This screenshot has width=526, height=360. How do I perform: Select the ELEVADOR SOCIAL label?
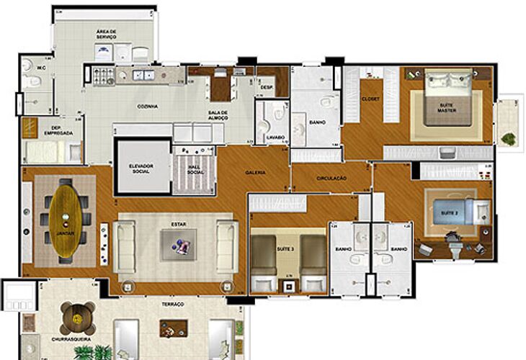[143, 168]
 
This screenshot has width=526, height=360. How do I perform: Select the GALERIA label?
[255, 173]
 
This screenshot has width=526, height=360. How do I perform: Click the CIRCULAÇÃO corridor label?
[331, 178]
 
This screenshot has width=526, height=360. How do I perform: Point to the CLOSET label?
[370, 98]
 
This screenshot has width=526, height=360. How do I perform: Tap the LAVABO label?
[274, 136]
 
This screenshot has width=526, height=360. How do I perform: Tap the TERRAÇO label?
[173, 305]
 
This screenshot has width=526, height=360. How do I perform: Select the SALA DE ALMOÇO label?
[218, 114]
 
